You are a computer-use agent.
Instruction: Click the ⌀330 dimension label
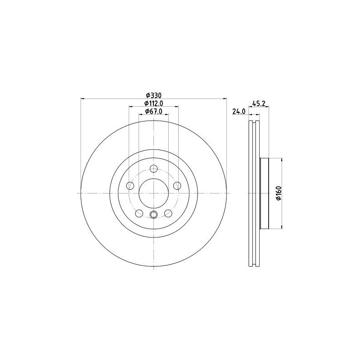click(153, 95)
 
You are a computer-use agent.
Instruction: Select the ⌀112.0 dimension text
click(153, 103)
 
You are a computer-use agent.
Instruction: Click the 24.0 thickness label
click(238, 112)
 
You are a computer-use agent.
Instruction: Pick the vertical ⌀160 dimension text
click(279, 193)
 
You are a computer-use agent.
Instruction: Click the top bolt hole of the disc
click(153, 169)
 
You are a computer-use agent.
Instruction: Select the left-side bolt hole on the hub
click(131, 185)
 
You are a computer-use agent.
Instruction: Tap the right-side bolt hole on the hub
click(176, 185)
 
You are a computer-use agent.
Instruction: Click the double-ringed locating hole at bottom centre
click(153, 215)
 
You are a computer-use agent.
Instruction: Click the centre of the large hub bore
click(153, 193)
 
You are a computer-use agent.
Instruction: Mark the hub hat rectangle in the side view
click(265, 193)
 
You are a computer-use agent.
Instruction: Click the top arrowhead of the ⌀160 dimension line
click(282, 160)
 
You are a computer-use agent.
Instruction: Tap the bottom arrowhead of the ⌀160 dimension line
click(282, 226)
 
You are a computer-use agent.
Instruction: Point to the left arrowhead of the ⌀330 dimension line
click(82, 99)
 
